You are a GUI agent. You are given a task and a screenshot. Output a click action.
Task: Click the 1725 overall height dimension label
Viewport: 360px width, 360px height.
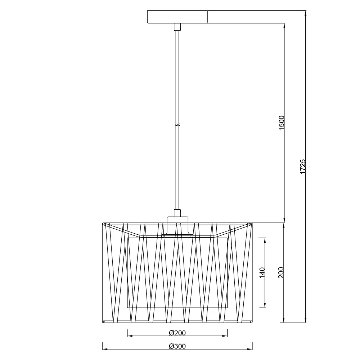coord(303,166)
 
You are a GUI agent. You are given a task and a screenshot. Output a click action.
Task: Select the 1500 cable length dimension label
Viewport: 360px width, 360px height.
coord(281,123)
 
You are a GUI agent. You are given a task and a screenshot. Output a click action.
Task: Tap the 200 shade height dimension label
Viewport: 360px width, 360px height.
coord(281,273)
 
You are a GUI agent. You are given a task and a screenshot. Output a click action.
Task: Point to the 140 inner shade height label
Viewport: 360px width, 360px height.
coord(262,273)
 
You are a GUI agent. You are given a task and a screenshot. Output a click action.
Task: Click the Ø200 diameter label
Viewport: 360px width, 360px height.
coord(177,333)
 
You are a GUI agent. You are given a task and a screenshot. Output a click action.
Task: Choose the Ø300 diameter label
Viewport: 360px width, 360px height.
coord(177,346)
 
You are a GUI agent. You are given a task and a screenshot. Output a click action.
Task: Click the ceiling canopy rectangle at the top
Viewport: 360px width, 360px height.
coord(177,17)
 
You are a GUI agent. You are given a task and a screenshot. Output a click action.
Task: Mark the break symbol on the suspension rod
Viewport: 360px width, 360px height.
coord(177,125)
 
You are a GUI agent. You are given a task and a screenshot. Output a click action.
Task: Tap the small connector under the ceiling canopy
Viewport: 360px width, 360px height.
coord(177,27)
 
